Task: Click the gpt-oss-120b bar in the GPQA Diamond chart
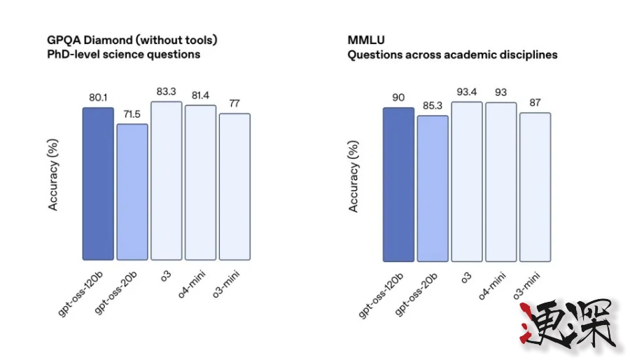[x=97, y=184]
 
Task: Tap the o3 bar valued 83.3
[x=166, y=181]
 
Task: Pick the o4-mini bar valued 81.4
[x=200, y=182]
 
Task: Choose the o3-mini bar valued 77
[x=234, y=186]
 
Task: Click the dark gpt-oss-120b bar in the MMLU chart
[x=398, y=184]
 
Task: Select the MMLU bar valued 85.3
[x=433, y=188]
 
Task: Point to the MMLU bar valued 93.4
[x=467, y=181]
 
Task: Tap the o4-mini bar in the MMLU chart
[x=501, y=181]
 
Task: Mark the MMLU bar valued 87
[x=535, y=186]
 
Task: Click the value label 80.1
[x=97, y=98]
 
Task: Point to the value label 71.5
[x=132, y=114]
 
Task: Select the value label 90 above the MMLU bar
[x=398, y=97]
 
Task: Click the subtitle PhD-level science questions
[x=124, y=54]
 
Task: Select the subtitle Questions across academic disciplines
[x=452, y=54]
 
